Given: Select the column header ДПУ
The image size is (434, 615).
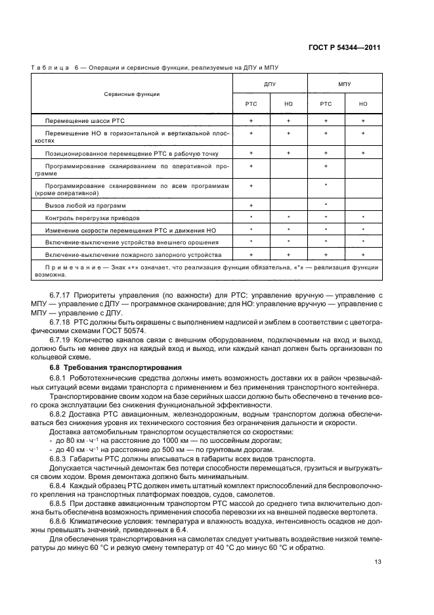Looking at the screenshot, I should (269, 84).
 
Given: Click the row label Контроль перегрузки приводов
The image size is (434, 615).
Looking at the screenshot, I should (92, 217).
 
